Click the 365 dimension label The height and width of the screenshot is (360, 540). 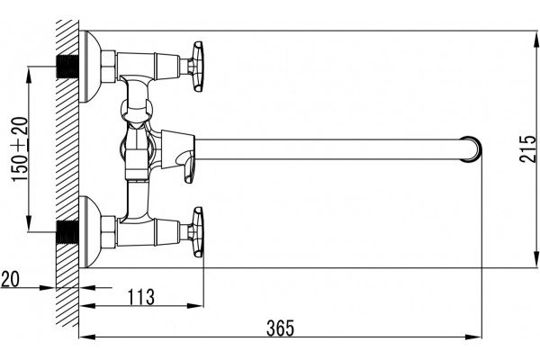(280, 328)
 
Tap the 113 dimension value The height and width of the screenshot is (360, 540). (141, 297)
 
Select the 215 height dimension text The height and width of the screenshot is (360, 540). (528, 148)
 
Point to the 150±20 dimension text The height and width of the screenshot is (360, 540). (20, 148)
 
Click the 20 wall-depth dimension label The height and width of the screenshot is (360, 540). (10, 279)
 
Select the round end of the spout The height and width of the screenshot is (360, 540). (471, 149)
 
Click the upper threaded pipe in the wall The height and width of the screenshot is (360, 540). (67, 67)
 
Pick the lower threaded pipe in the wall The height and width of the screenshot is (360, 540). (67, 232)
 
